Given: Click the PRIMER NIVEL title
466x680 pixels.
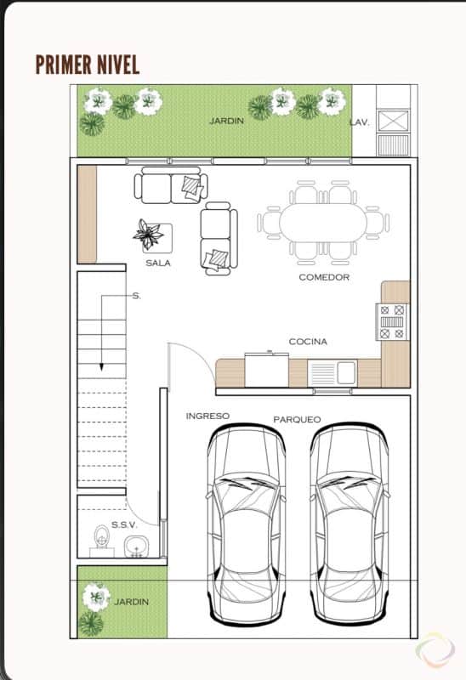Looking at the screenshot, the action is click(88, 65).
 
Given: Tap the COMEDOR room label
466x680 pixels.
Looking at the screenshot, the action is click(324, 277).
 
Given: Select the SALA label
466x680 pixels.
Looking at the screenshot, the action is click(158, 263).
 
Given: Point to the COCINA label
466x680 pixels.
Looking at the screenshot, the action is click(308, 342).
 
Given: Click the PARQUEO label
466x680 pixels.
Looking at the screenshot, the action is click(298, 419).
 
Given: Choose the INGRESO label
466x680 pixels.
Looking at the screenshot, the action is click(207, 416).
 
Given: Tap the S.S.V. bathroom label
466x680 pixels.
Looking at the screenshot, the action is click(124, 524).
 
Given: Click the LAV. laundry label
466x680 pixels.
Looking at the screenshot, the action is click(359, 122).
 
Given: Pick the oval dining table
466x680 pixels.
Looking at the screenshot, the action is click(323, 223).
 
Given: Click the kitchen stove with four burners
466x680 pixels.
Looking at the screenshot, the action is click(392, 322).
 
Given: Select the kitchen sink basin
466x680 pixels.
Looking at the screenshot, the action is click(346, 372).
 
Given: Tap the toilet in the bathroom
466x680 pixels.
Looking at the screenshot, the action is click(102, 541).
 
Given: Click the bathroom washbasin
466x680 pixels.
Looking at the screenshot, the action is click(136, 547).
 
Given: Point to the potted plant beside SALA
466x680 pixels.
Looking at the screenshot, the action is click(149, 235).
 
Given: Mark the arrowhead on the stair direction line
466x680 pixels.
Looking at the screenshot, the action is click(101, 367).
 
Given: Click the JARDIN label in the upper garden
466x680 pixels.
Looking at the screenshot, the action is click(226, 121).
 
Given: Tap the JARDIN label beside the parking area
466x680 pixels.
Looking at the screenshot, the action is click(132, 602).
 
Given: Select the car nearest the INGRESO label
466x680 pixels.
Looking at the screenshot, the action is click(246, 524).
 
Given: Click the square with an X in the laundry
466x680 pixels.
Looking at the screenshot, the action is click(394, 120).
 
